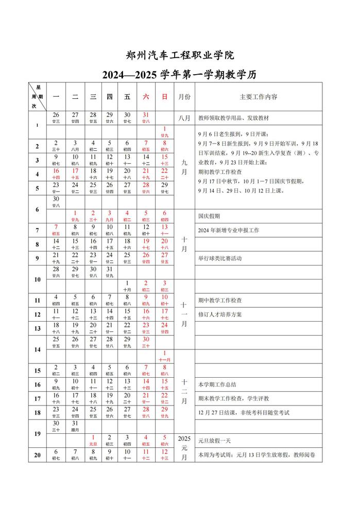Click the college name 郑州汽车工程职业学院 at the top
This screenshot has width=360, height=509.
(x=180, y=55)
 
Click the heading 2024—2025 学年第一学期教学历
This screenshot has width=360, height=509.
(x=180, y=76)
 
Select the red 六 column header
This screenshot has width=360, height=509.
(x=146, y=96)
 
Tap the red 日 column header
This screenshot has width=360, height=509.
(x=164, y=96)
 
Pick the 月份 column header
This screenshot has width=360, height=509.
(x=184, y=96)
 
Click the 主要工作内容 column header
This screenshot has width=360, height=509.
(x=259, y=96)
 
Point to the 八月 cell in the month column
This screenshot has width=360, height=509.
(x=184, y=118)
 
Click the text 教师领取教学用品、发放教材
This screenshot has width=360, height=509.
(x=233, y=118)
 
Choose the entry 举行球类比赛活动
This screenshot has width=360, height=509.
(x=220, y=258)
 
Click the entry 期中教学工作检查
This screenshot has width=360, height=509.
(x=220, y=300)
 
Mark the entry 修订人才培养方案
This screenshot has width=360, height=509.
(x=220, y=314)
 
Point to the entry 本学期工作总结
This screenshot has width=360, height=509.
(x=217, y=384)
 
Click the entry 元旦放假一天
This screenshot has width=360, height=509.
(x=214, y=441)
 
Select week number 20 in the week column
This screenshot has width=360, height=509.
(x=37, y=455)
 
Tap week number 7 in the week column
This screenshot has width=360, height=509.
(x=37, y=230)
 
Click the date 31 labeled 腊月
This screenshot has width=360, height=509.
(x=75, y=426)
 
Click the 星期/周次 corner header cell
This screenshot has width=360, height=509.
(x=37, y=96)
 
